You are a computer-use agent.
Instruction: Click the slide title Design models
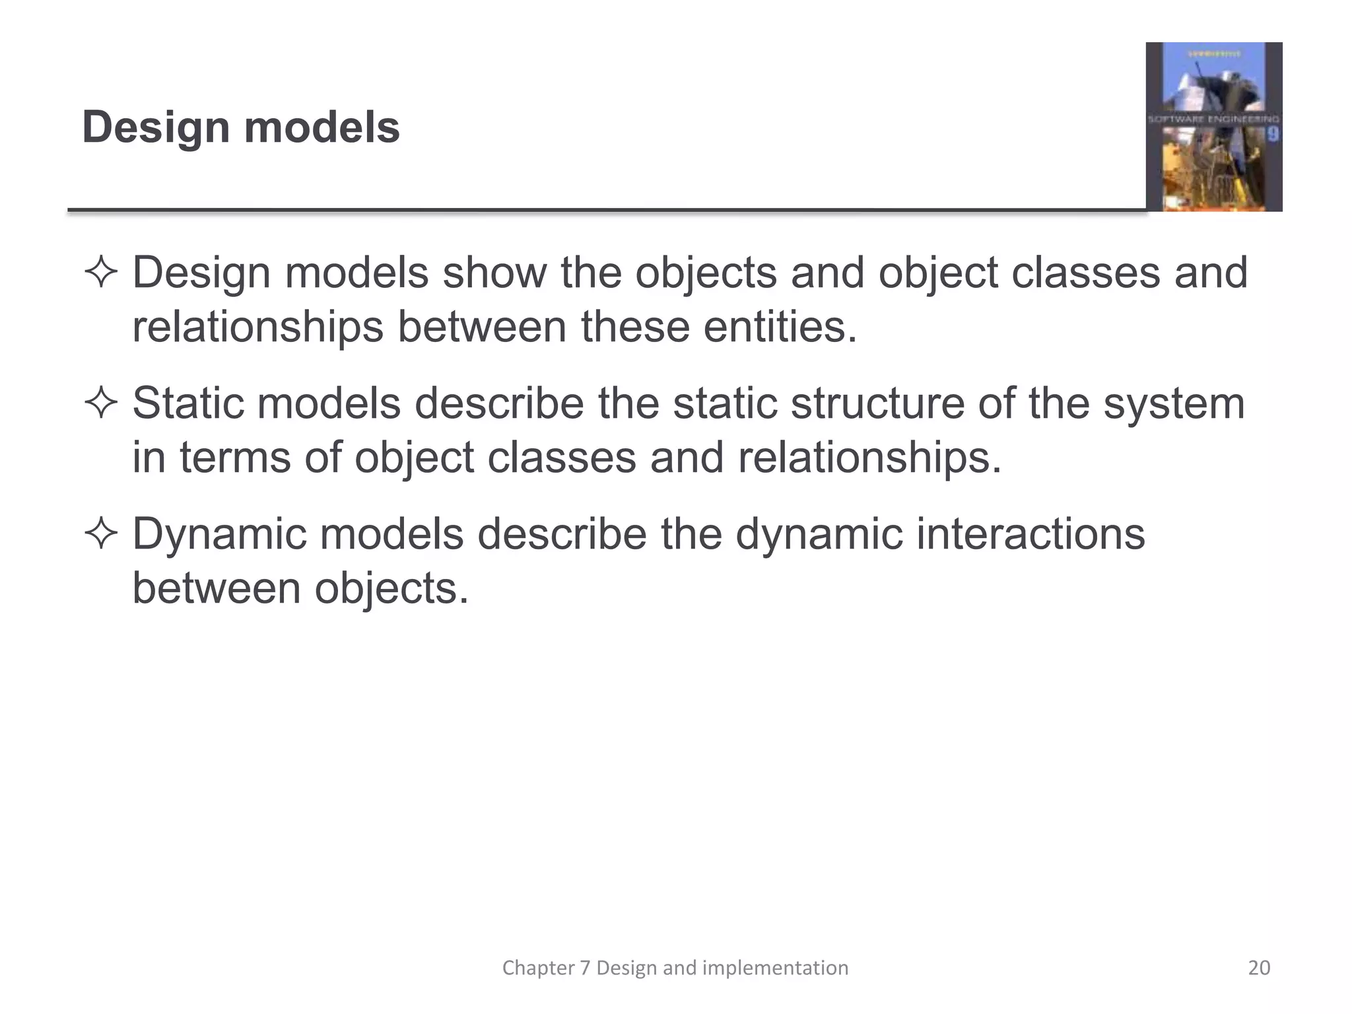click(x=241, y=127)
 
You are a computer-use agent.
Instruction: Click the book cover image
click(x=1213, y=127)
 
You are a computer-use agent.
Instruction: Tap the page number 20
click(x=1259, y=968)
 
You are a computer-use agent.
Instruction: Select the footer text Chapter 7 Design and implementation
click(x=675, y=968)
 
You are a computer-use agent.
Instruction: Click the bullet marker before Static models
click(x=101, y=403)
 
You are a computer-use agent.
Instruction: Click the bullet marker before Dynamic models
click(x=101, y=534)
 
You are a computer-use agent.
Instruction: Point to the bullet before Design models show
click(x=101, y=273)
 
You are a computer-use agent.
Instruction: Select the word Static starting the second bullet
click(x=187, y=403)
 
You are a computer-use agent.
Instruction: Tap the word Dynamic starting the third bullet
click(x=219, y=534)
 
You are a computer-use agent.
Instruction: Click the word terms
click(x=234, y=457)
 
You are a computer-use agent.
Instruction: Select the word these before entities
click(x=634, y=327)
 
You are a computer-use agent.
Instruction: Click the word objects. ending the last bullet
click(x=391, y=588)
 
